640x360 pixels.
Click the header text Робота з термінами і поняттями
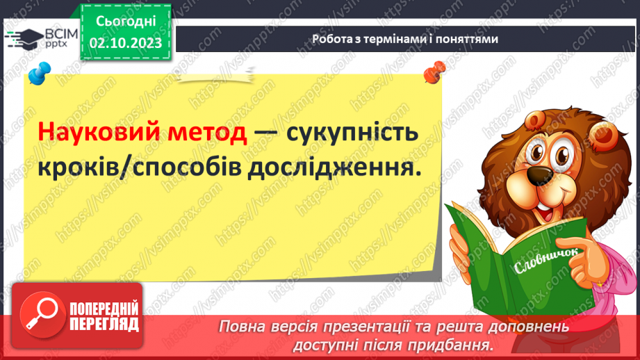(x=404, y=40)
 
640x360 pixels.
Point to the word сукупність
(x=350, y=132)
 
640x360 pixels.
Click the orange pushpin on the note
(x=435, y=70)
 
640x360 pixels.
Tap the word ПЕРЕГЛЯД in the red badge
(x=104, y=324)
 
